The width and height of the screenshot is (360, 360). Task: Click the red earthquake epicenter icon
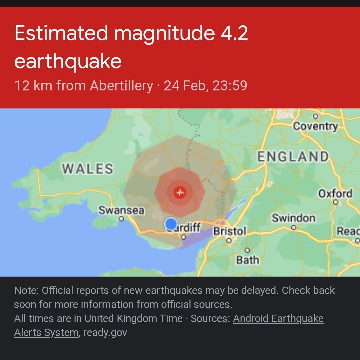point(180,192)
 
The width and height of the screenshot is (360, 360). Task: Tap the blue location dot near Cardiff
point(171,224)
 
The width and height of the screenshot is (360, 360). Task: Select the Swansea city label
point(121,211)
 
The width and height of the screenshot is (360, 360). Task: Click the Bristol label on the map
point(229,231)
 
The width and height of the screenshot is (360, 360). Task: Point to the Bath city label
point(247,260)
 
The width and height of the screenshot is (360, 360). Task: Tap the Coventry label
point(315,126)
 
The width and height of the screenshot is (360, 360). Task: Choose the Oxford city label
point(335,194)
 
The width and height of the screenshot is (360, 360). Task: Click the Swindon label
point(293,218)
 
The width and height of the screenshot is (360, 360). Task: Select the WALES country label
point(88,169)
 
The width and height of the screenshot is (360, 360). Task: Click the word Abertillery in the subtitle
point(121,86)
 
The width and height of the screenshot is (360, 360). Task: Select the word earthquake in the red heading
point(68,61)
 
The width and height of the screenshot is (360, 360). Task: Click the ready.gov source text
point(105,333)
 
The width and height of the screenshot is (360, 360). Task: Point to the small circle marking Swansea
point(121,219)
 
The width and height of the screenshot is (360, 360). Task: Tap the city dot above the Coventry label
point(315,116)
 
